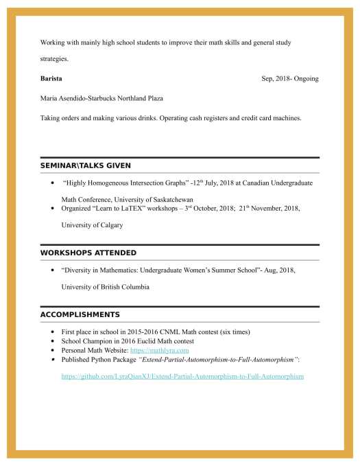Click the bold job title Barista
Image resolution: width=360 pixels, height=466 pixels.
click(52, 79)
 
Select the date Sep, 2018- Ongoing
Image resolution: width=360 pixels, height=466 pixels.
click(290, 79)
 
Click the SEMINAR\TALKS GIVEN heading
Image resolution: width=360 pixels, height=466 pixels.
click(86, 166)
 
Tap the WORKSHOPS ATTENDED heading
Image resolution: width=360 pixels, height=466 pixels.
click(88, 253)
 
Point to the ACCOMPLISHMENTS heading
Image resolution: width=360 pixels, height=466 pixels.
click(80, 314)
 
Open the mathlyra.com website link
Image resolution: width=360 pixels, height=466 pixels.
click(159, 350)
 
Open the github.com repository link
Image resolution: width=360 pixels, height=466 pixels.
click(182, 376)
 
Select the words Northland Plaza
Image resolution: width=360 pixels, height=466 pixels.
click(141, 98)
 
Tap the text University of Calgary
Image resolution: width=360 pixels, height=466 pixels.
click(93, 225)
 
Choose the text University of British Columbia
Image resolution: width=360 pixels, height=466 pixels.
click(105, 287)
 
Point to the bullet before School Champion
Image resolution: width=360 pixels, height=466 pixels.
click(53, 341)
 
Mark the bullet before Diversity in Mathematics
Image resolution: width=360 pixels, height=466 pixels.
click(53, 270)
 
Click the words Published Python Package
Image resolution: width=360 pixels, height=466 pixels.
click(98, 359)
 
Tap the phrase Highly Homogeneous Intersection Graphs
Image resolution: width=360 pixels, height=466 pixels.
click(127, 183)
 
